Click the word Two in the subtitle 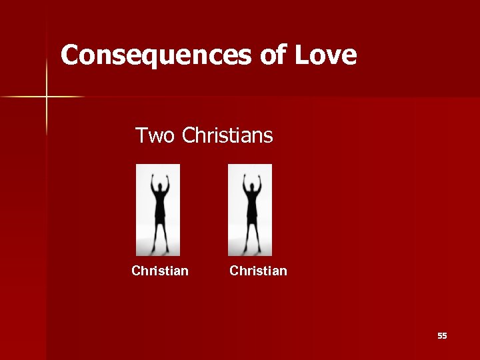[155, 136]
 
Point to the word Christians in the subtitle [227, 136]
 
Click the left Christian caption [160, 271]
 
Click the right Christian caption [259, 271]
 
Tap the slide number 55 [442, 336]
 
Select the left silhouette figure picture [158, 210]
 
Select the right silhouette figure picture [250, 210]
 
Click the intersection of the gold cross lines [47, 97]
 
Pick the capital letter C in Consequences [69, 55]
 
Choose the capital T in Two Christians [141, 136]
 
